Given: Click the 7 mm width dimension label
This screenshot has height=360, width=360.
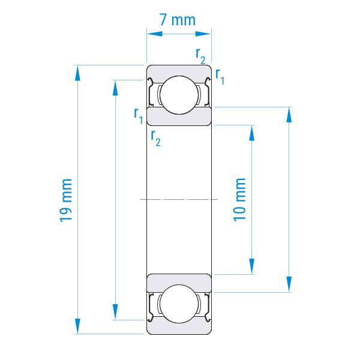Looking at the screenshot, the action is point(178,20).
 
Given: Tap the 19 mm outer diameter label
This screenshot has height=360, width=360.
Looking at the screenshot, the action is point(66,200).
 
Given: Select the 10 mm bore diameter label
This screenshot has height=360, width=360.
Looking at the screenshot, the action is point(239,200).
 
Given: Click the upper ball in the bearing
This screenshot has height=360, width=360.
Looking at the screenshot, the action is point(179,95).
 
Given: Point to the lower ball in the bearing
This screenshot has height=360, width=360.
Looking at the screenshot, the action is point(179,304).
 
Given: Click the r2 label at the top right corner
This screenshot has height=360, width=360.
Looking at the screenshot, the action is point(200,56).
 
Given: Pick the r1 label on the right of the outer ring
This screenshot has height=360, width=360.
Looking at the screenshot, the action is point(220,76).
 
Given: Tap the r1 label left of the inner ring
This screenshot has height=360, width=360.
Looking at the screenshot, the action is point(139,116).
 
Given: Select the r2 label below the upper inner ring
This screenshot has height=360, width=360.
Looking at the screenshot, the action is point(155,138).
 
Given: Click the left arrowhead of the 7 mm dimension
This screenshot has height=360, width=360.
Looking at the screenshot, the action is point(155,34).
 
